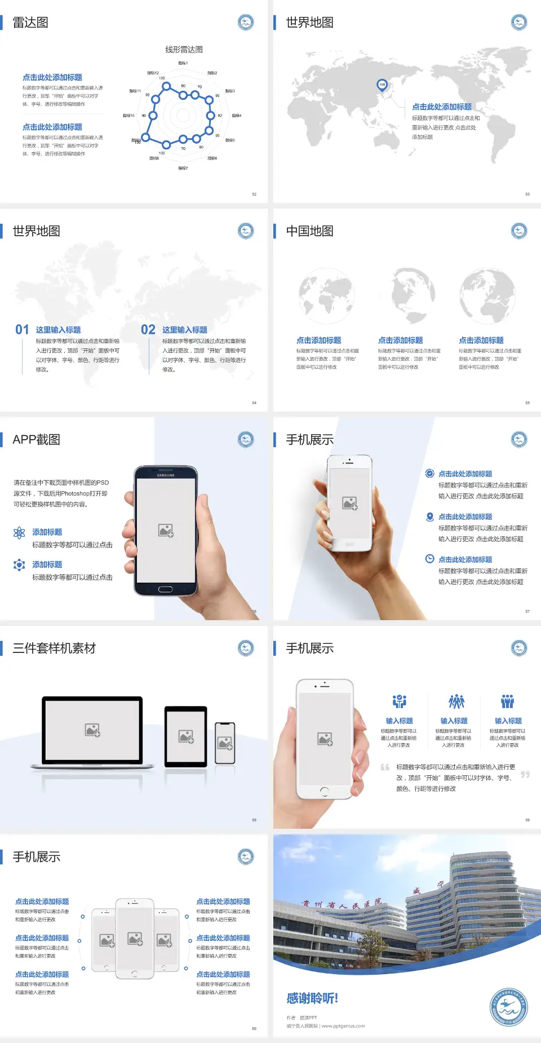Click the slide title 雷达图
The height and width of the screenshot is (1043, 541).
point(30,23)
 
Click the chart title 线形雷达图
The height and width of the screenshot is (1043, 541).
point(184,50)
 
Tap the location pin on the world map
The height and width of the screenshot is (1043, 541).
point(382,85)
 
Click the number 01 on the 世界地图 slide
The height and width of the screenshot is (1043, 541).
point(22,329)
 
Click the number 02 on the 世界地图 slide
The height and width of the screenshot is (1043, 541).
point(148,329)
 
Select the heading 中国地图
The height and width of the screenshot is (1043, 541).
point(309,231)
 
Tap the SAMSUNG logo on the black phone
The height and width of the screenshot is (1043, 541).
point(166,475)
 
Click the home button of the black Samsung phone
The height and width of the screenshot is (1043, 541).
point(165,589)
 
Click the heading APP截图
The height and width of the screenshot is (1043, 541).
point(36,440)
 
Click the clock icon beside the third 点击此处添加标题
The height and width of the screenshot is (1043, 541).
point(429,559)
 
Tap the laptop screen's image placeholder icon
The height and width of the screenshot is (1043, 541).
point(92,730)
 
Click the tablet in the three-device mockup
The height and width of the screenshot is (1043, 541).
point(186,736)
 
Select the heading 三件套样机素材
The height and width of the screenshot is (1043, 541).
point(54,648)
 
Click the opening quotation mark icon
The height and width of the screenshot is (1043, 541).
point(385,767)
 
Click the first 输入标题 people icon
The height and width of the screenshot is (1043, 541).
point(399,701)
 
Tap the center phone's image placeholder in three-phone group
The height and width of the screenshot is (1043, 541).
point(135,939)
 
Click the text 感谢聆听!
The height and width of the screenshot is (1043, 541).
point(312,998)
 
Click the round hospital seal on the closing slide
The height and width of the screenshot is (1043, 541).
point(508,1007)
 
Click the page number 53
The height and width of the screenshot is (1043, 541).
point(527,194)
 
